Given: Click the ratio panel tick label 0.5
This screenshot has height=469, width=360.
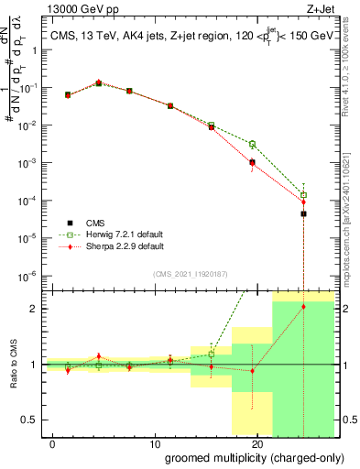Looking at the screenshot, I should pyautogui.click(x=29, y=420).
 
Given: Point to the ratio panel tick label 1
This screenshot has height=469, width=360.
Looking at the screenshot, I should pyautogui.click(x=34, y=365).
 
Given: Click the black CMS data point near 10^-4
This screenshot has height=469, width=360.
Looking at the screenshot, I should pyautogui.click(x=303, y=213).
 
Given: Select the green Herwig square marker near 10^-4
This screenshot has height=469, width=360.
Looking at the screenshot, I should pyautogui.click(x=303, y=194).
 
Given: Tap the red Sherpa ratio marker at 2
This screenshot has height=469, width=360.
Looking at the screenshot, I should pyautogui.click(x=303, y=307).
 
